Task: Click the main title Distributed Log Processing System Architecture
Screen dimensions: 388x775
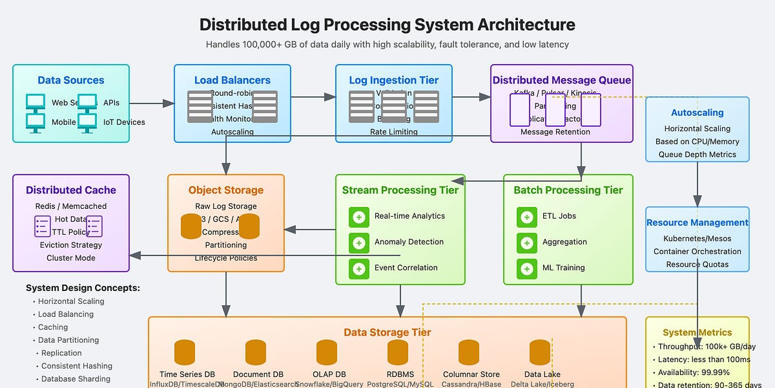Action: pos(387,25)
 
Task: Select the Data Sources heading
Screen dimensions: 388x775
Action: pos(70,80)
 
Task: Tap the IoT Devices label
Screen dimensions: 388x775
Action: pos(124,122)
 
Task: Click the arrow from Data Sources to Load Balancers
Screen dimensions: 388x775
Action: pos(152,103)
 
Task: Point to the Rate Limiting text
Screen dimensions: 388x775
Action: pos(393,132)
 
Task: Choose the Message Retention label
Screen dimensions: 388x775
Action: pos(555,132)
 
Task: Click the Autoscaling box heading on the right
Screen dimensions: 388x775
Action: pos(697,113)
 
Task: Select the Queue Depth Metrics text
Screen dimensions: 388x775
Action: pos(697,155)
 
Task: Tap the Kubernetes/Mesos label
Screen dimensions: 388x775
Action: pos(697,239)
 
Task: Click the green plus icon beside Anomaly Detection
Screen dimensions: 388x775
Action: pos(359,242)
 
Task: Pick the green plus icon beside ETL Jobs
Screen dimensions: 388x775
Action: pos(527,217)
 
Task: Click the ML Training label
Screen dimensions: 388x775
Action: pos(563,268)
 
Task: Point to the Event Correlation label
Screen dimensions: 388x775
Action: pos(406,268)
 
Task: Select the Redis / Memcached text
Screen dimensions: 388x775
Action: pos(71,206)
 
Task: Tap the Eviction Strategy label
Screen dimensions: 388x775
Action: pos(71,245)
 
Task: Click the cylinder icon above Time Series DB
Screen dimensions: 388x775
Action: pos(185,352)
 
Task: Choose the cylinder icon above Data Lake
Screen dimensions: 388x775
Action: pos(540,352)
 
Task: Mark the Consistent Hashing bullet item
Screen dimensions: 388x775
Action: pos(76,366)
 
